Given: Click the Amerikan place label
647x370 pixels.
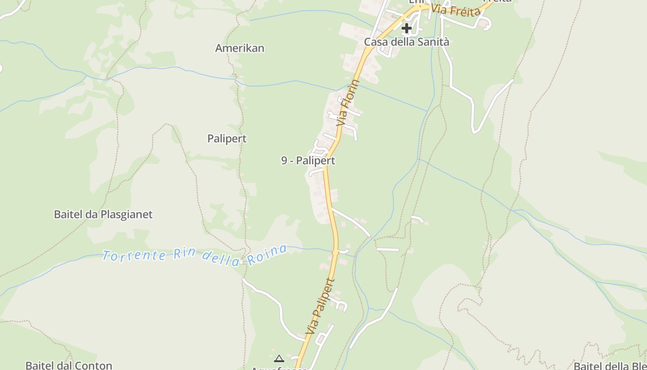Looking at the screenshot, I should (x=239, y=48).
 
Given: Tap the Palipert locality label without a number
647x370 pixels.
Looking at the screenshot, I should (x=227, y=138).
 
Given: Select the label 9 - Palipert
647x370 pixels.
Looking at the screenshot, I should (x=308, y=160).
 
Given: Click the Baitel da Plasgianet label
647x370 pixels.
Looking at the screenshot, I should (x=103, y=214).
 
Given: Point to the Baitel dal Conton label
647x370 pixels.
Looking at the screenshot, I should (x=69, y=365).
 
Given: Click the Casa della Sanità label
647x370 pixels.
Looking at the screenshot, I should (x=406, y=42).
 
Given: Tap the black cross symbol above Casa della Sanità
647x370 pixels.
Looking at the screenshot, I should (x=407, y=29).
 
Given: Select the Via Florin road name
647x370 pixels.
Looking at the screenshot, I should (x=348, y=103).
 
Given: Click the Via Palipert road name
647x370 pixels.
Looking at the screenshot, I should (x=319, y=307).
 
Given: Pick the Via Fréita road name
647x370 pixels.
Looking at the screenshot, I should (x=456, y=10).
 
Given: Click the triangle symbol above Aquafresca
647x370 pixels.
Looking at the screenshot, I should (x=279, y=358).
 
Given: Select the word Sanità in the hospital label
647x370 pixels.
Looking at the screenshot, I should (x=433, y=42).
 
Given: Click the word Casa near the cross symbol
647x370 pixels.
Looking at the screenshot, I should (x=375, y=42).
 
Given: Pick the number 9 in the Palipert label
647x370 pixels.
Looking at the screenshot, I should (x=284, y=160).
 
